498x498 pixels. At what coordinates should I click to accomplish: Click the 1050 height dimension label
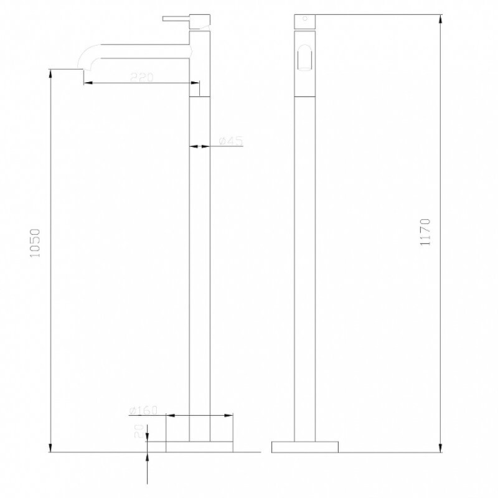(x=35, y=243)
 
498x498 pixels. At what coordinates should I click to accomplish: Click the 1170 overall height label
(x=425, y=232)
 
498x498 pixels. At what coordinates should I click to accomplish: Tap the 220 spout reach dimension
(x=142, y=77)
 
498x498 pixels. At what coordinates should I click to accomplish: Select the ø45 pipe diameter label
(x=231, y=141)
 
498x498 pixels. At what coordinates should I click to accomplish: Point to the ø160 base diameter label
(x=143, y=410)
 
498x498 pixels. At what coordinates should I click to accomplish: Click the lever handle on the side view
(x=176, y=19)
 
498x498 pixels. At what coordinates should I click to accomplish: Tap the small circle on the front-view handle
(x=305, y=19)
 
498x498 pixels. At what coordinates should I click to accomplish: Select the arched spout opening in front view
(x=304, y=58)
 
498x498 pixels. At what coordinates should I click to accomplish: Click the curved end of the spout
(x=87, y=57)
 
